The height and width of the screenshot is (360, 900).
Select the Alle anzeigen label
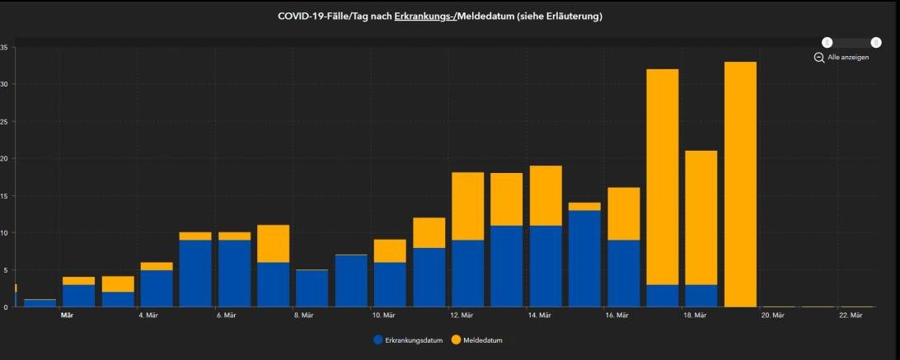tap(848, 58)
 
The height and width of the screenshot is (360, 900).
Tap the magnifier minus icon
tap(819, 58)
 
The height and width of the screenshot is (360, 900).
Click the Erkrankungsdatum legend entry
tap(409, 339)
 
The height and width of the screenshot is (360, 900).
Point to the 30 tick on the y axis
tap(4, 84)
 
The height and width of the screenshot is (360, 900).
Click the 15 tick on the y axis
tap(4, 195)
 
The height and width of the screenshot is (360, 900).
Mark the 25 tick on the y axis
tap(4, 121)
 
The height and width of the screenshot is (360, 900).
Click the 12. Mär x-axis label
tap(462, 316)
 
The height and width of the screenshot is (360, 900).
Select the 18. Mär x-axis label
tap(695, 316)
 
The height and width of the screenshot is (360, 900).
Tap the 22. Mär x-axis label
tap(851, 316)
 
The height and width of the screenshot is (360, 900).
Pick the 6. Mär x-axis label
tap(227, 316)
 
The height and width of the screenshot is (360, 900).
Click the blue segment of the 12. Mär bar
tap(468, 273)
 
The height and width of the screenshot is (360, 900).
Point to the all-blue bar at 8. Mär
tap(312, 288)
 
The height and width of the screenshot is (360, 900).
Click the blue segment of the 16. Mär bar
tap(624, 273)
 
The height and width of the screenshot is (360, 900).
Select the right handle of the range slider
tap(876, 43)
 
